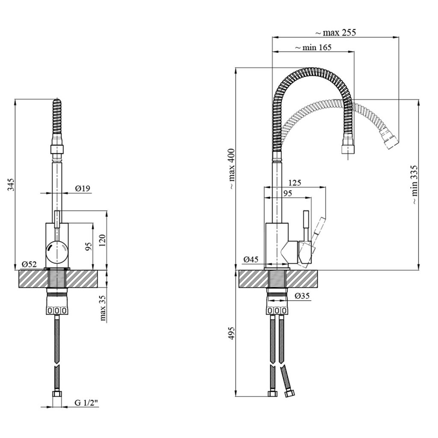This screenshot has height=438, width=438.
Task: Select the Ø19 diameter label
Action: pos(83,189)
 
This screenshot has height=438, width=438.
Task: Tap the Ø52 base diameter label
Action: pos(30,264)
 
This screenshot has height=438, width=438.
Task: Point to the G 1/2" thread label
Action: pos(86,402)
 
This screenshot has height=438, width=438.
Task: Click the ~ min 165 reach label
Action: pos(313,47)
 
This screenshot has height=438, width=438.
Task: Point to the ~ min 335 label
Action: pos(414,184)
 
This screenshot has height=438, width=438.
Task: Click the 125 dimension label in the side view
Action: pos(295,183)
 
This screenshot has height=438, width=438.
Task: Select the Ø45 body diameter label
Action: pos(251,260)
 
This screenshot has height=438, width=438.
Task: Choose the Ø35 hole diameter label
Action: pos(302,296)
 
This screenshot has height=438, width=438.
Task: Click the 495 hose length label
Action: pos(232,333)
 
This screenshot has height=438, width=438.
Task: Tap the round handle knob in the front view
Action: pos(57,249)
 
